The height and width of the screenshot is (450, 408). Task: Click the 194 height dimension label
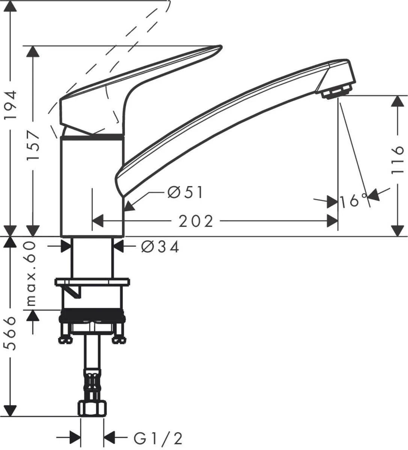[x=12, y=105]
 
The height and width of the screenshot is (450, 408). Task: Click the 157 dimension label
[x=34, y=146]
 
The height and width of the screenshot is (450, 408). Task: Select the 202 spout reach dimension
[x=196, y=221]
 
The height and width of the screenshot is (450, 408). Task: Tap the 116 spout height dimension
[x=397, y=160]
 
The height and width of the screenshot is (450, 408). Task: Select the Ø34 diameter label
[x=160, y=247]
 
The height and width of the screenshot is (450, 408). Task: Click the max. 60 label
[x=32, y=273]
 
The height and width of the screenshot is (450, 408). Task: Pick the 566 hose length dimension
[x=12, y=333]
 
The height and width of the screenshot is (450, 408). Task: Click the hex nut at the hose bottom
[x=92, y=408]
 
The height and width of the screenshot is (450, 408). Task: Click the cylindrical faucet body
[x=92, y=186]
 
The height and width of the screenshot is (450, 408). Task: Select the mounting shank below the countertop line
[x=92, y=257]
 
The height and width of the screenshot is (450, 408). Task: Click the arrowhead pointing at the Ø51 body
[x=128, y=206]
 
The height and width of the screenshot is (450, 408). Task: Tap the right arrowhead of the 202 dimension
[x=332, y=221]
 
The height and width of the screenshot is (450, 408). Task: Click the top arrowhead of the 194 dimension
[x=12, y=8]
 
